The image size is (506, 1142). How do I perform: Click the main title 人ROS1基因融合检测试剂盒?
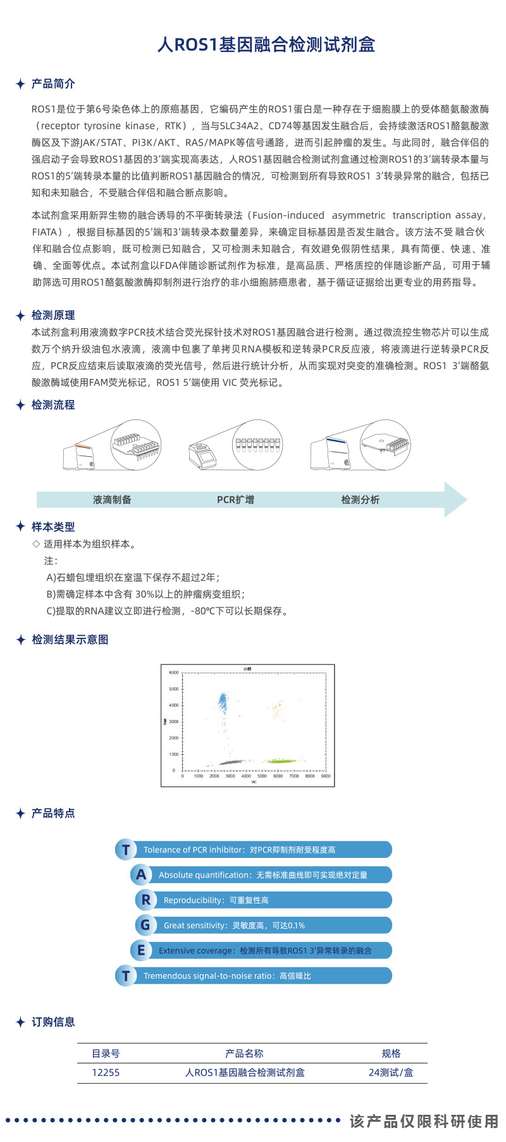[266, 45]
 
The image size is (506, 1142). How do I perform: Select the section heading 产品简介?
[53, 84]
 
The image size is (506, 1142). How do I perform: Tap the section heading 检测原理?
[53, 315]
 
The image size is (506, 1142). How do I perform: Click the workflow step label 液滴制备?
[112, 500]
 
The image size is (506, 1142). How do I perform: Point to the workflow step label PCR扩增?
[235, 500]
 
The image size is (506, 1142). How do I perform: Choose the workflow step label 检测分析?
[360, 500]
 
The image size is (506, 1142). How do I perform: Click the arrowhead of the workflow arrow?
[456, 500]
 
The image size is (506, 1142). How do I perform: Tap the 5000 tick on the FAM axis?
[174, 689]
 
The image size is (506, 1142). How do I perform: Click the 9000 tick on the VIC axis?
[326, 776]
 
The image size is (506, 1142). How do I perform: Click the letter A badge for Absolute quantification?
[141, 875]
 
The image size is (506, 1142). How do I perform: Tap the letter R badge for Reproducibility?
[146, 900]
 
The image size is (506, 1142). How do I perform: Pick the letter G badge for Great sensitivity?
[145, 925]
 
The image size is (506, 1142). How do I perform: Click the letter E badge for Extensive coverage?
[141, 950]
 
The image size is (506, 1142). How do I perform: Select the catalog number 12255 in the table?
[106, 1072]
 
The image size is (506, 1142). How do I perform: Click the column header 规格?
[391, 1053]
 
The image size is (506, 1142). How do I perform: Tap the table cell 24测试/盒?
[391, 1072]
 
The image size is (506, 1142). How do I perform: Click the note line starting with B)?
[145, 594]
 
